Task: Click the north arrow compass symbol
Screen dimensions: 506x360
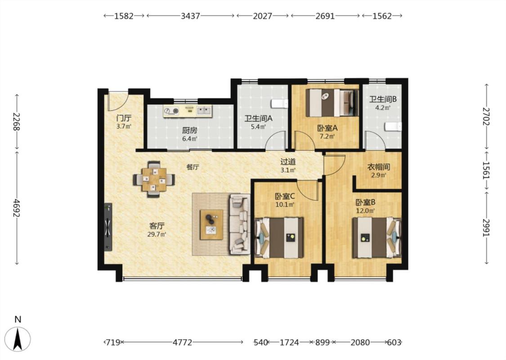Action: coord(18,339)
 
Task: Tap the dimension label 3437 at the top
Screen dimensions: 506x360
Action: coord(190,16)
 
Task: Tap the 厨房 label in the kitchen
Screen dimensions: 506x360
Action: coord(189,130)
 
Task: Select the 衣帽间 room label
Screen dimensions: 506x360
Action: coord(379,167)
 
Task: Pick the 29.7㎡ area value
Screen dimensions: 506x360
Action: coord(157,234)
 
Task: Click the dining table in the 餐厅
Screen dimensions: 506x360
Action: coord(154,179)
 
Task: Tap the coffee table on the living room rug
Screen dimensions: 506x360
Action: coord(211,225)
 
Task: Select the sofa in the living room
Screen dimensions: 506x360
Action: coord(240,224)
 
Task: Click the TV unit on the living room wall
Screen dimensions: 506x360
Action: coord(108,227)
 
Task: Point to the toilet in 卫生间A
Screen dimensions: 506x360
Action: coord(279,103)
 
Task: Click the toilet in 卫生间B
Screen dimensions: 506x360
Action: coord(393,127)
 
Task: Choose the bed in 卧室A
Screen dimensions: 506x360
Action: coord(332,103)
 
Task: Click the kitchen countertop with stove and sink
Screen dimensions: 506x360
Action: coord(188,111)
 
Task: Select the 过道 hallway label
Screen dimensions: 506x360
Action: coord(288,162)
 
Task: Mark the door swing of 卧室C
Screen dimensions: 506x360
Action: coord(307,190)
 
